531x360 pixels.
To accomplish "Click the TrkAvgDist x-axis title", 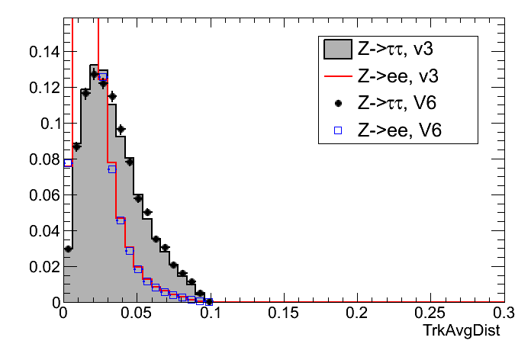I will coord(468,332).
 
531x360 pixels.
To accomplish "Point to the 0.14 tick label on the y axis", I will coord(43,51).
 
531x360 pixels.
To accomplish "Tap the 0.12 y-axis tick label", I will coord(43,87).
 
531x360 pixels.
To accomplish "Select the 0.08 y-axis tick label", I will coord(43,159).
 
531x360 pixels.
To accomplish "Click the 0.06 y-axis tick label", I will coord(43,194).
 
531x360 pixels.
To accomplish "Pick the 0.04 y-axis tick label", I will coord(43,230).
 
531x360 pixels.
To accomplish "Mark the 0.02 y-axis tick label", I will coord(43,266).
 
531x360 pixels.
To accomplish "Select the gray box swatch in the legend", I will coord(337,50).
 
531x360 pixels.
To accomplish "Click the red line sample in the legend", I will coord(337,76).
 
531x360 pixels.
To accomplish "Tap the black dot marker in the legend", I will coord(337,103).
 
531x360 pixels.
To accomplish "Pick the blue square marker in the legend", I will coord(337,130).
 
